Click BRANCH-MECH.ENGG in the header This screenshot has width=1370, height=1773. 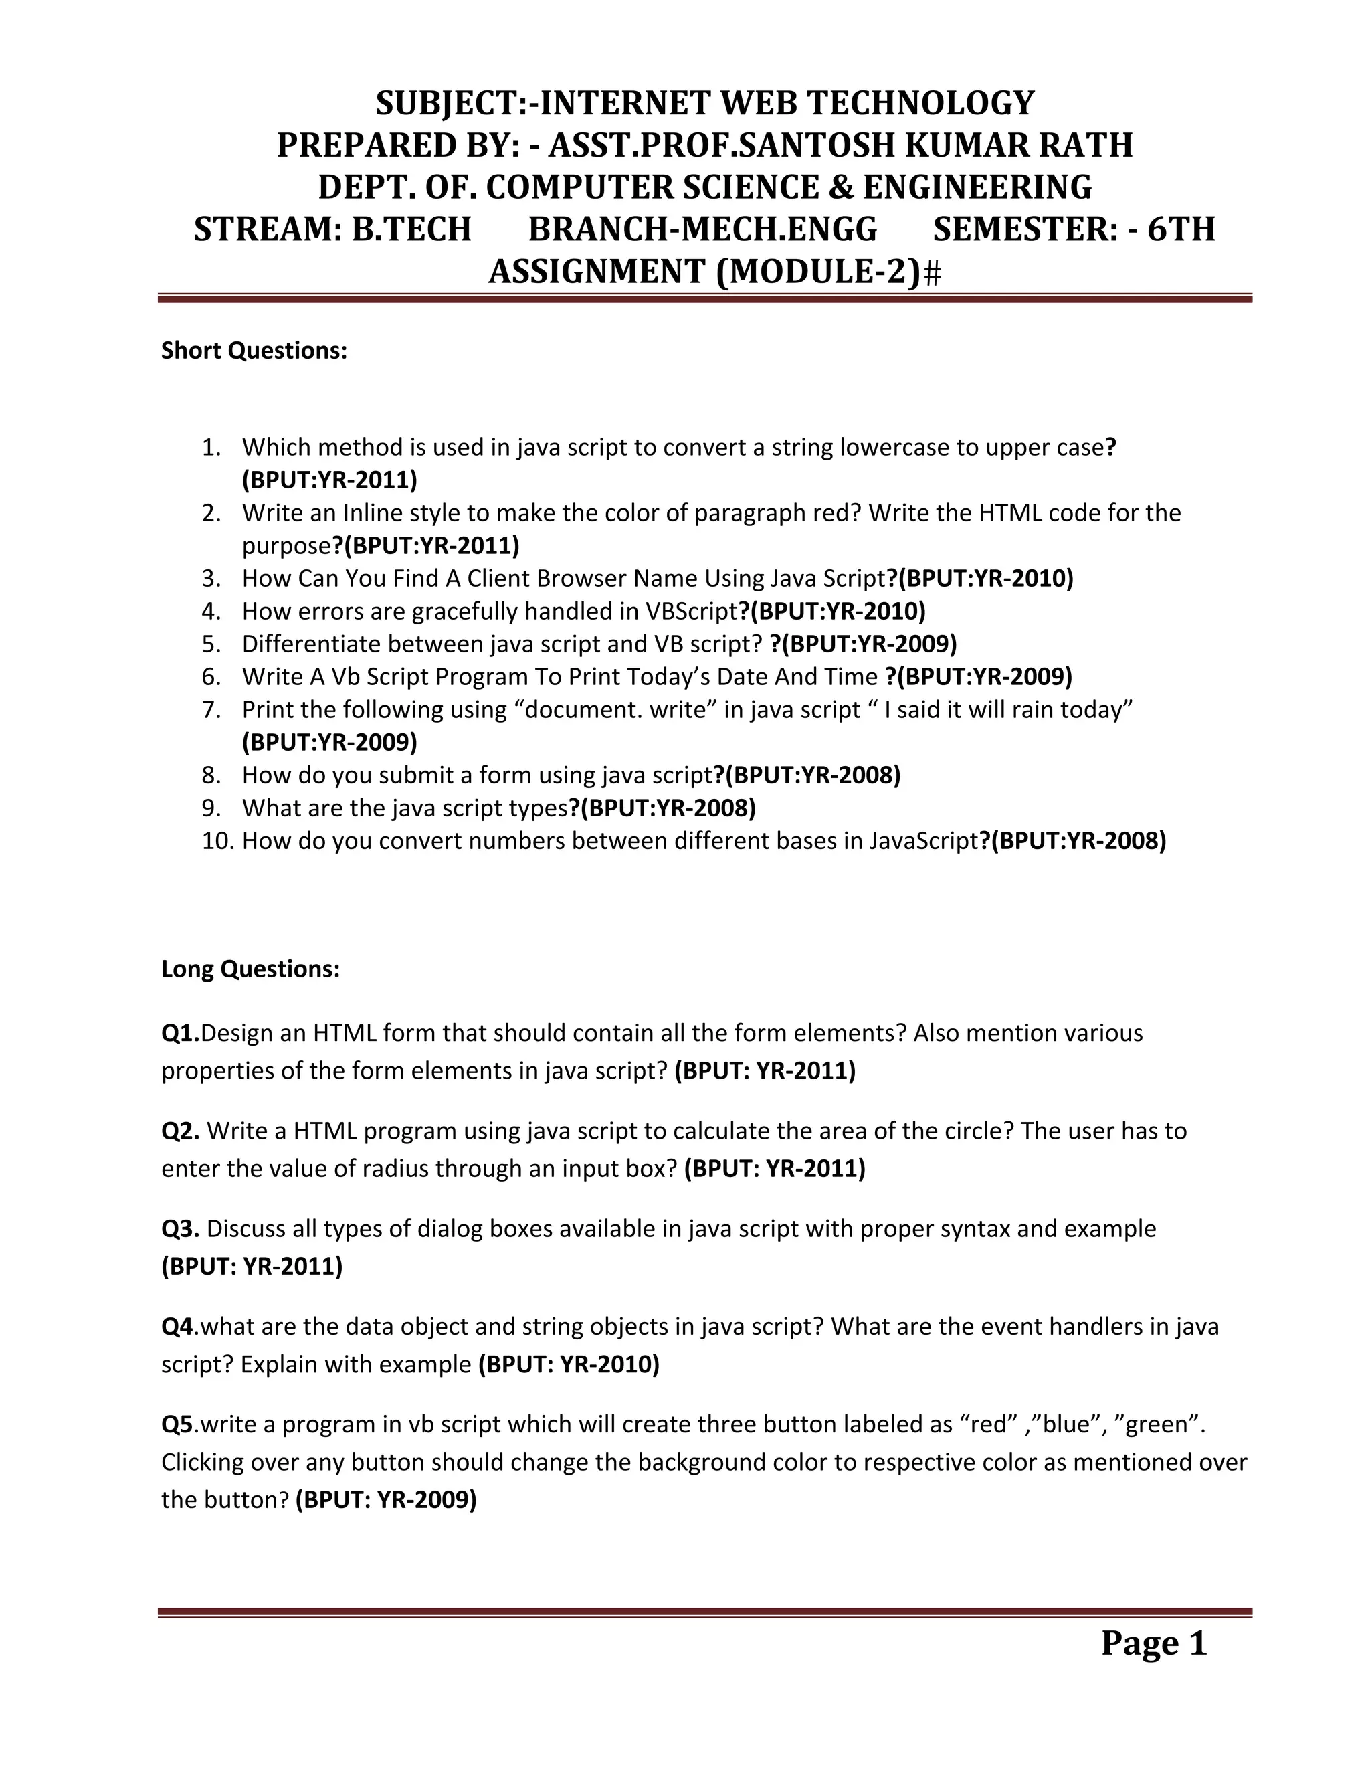coord(703,229)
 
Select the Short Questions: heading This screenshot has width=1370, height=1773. coord(254,351)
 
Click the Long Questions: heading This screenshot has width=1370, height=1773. coord(250,969)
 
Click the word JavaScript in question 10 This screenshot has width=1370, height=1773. coord(924,841)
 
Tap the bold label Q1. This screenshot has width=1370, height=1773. coord(180,1034)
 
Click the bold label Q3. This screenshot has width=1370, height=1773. coord(180,1229)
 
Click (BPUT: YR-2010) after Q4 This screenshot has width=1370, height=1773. coord(569,1364)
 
